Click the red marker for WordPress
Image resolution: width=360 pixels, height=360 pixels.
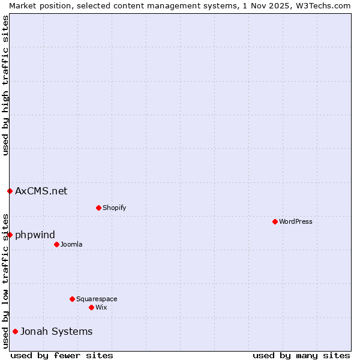(x=275, y=221)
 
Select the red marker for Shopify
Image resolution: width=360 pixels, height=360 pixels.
(x=98, y=208)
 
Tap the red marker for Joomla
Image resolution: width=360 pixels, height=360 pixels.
(x=56, y=244)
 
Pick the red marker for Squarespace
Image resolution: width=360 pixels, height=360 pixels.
(x=72, y=299)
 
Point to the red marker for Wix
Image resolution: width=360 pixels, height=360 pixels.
(x=91, y=307)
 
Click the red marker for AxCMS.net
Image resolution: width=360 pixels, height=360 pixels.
(x=10, y=191)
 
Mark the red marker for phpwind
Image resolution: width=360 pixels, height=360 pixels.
(x=10, y=235)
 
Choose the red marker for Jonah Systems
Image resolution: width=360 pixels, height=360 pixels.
(x=15, y=331)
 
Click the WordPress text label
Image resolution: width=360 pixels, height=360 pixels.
(x=296, y=221)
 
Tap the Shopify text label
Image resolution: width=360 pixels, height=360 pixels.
(x=114, y=208)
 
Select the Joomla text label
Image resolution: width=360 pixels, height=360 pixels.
(x=71, y=244)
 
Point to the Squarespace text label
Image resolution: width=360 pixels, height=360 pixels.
(x=97, y=299)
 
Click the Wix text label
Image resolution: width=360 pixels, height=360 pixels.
(x=101, y=307)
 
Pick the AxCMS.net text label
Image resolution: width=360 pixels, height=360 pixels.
(x=41, y=191)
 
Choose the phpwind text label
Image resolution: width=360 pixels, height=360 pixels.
(x=35, y=235)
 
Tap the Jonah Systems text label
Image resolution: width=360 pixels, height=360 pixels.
(x=56, y=331)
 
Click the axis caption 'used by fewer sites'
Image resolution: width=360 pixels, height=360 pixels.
(x=62, y=355)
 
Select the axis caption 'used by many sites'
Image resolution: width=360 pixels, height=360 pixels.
(x=301, y=355)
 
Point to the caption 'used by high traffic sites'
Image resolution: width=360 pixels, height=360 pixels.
(x=5, y=85)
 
